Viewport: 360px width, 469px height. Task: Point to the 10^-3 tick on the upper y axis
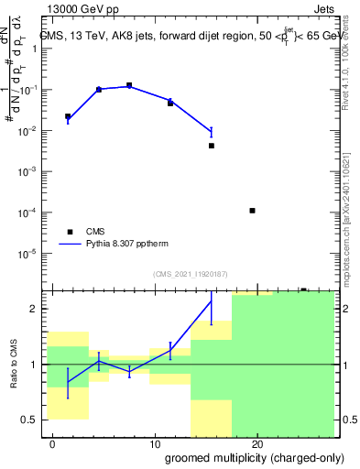[29, 171]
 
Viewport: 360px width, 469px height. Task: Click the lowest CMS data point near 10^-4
[252, 211]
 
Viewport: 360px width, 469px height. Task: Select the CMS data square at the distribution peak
[129, 85]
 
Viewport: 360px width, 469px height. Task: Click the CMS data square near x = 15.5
[211, 146]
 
